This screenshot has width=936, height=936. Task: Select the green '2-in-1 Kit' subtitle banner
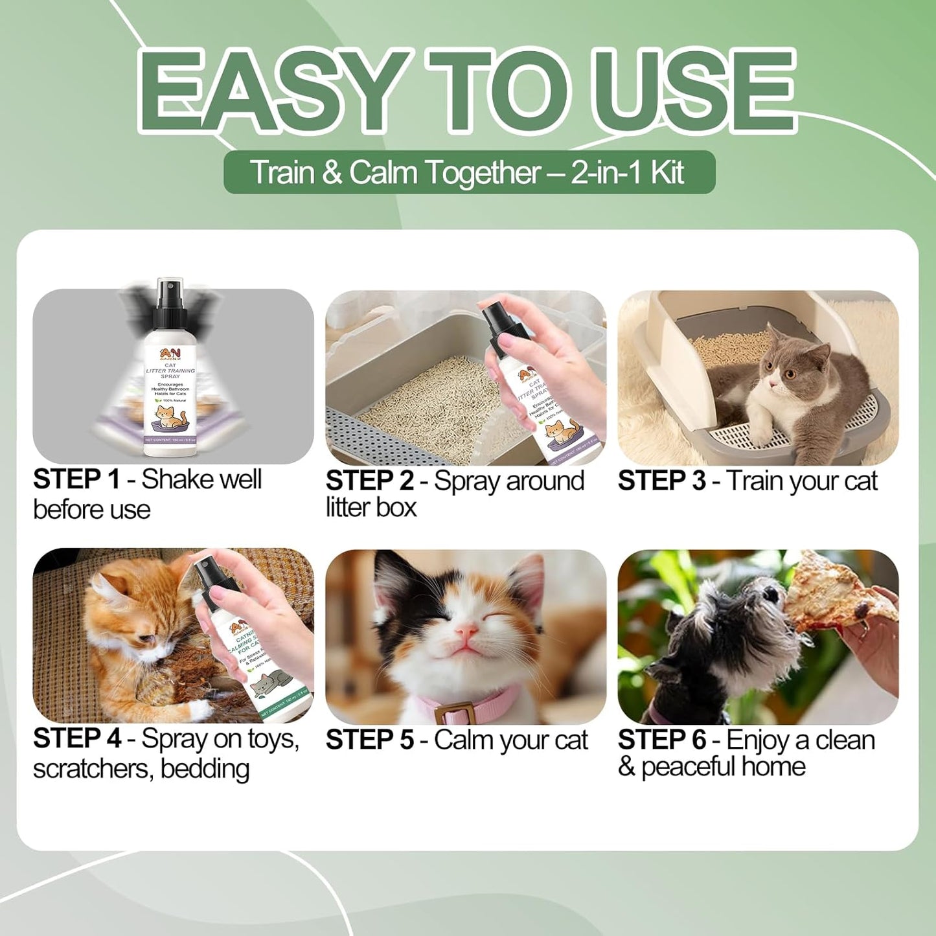pos(469,172)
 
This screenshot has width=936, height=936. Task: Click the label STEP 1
pos(76,480)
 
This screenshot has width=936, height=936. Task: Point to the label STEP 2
pos(369,481)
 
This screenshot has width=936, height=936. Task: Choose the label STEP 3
pos(661,481)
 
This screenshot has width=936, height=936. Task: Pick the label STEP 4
pos(76,739)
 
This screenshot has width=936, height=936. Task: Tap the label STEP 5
pos(369,740)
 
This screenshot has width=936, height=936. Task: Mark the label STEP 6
pos(661,740)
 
